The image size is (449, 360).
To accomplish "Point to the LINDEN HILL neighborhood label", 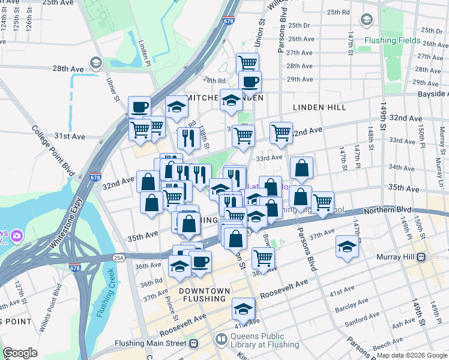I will coord(319,107).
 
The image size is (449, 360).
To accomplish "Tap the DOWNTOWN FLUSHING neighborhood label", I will coord(205,296).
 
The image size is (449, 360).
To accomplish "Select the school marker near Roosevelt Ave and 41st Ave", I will coord(243,308).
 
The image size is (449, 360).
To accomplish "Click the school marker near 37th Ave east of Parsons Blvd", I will coord(346,247).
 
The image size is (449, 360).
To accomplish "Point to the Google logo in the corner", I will coord(20,353).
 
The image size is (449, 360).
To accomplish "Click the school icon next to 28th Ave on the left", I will coord(95,63).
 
